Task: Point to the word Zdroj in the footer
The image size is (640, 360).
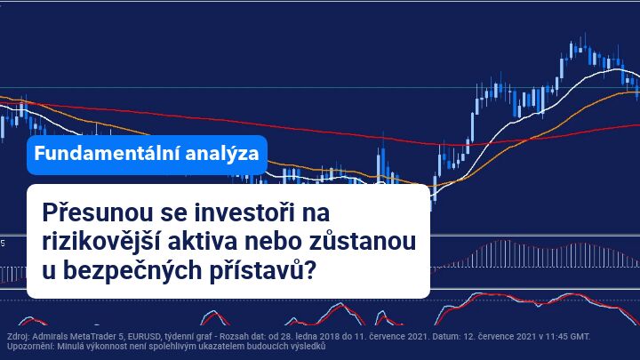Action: click(x=16, y=337)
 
